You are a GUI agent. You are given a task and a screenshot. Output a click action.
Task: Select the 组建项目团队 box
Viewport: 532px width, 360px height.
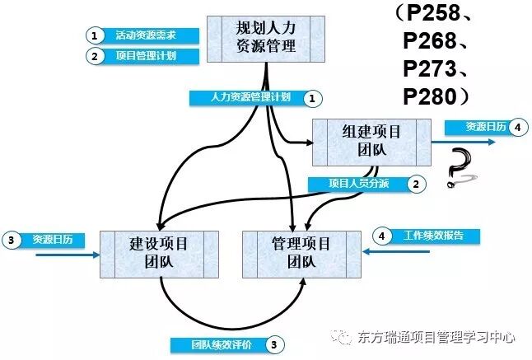371,142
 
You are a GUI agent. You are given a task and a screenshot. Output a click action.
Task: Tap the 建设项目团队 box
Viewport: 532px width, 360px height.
160,253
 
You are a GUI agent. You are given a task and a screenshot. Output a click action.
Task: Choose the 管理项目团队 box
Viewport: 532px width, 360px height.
301,253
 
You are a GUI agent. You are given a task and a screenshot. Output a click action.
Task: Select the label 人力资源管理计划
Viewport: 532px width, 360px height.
246,98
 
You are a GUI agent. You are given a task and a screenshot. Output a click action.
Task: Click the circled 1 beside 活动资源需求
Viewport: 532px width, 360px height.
96,35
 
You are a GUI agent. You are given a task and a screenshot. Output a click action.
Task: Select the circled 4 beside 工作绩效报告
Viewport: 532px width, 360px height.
381,236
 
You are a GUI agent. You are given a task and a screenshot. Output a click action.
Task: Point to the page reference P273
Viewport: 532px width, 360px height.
437,68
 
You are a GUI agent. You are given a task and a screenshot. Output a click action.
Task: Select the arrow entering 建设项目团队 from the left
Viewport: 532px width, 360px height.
66,254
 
